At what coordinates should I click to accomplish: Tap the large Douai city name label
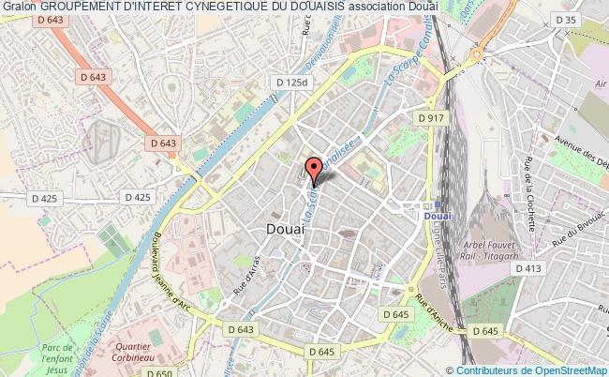279,228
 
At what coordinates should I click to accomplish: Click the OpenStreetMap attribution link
558,369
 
